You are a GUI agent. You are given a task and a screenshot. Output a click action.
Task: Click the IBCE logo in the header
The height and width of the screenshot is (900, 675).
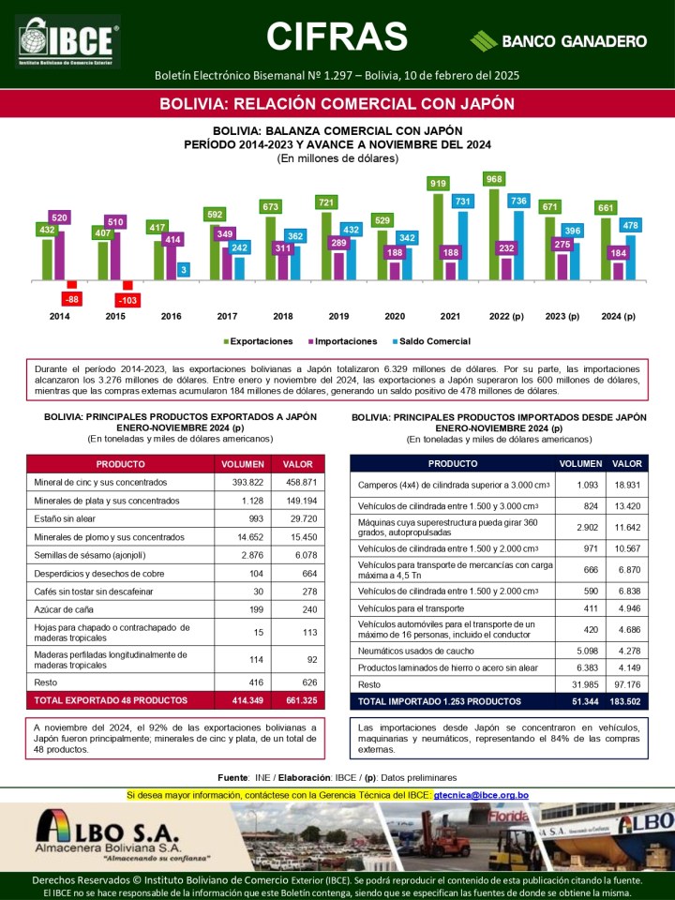click(x=67, y=41)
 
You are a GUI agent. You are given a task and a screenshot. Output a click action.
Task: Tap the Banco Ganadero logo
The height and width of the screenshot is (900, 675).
click(x=559, y=41)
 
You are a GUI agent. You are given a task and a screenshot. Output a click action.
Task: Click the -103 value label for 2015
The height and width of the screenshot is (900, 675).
click(x=127, y=300)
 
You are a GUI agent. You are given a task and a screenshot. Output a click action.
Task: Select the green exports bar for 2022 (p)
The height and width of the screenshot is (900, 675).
click(x=494, y=234)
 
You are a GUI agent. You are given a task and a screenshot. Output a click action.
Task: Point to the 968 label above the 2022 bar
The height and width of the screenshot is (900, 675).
click(x=494, y=179)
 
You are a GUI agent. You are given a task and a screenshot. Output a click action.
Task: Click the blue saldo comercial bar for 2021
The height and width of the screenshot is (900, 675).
click(x=462, y=246)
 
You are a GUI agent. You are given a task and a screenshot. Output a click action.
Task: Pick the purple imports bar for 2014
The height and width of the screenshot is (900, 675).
click(x=59, y=255)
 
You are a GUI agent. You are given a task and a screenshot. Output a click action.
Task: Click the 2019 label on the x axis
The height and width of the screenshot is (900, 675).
click(x=338, y=316)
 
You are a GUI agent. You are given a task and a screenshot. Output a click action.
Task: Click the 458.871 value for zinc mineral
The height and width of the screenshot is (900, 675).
click(x=301, y=482)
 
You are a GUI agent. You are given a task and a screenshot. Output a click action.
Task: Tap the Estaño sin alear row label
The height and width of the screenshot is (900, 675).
click(x=65, y=518)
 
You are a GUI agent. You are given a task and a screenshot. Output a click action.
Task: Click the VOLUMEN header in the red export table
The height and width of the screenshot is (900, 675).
click(x=243, y=464)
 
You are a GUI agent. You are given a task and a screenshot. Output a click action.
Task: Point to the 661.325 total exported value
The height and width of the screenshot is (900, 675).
click(x=301, y=700)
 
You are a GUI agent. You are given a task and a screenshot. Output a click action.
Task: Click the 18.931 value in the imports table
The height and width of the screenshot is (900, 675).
click(x=627, y=485)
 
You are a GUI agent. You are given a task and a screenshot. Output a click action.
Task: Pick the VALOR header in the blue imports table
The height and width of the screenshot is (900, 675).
click(x=627, y=464)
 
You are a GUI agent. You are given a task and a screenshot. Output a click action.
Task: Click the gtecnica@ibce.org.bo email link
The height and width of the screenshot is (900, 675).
click(x=481, y=796)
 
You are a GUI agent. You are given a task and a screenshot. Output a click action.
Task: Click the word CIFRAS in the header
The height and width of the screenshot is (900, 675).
click(x=337, y=37)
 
